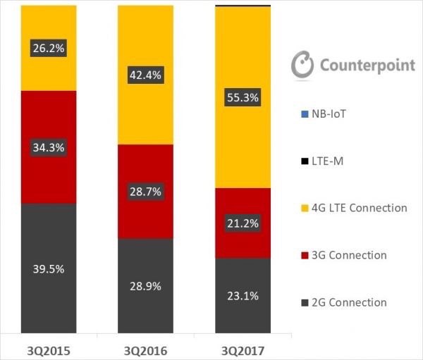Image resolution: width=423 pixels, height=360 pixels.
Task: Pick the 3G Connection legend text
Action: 348,255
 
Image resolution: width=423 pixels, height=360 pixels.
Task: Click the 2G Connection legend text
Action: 348,302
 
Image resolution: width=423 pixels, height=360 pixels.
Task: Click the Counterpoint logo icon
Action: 302,64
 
